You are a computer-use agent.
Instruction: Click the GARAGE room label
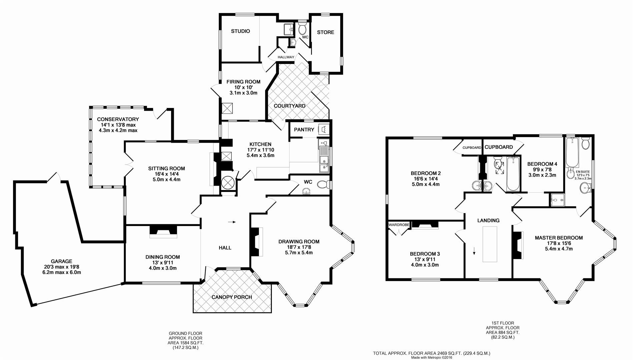[x=61, y=261]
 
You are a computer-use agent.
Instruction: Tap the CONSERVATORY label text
[x=118, y=119]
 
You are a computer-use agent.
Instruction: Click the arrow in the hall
[x=231, y=222]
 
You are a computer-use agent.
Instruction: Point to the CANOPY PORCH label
[x=232, y=297]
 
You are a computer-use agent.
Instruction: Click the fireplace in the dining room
[x=163, y=231]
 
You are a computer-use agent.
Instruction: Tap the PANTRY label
[x=304, y=130]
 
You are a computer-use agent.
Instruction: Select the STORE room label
[x=325, y=32]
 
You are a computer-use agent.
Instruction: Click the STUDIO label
[x=240, y=31]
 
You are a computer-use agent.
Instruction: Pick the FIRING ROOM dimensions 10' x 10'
[x=243, y=87]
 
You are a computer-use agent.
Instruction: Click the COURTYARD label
[x=289, y=106]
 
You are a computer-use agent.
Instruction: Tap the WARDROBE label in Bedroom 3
[x=399, y=225]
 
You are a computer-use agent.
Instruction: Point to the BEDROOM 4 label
[x=542, y=164]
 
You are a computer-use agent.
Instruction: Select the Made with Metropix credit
[x=432, y=358]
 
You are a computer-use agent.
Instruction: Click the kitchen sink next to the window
[x=323, y=160]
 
